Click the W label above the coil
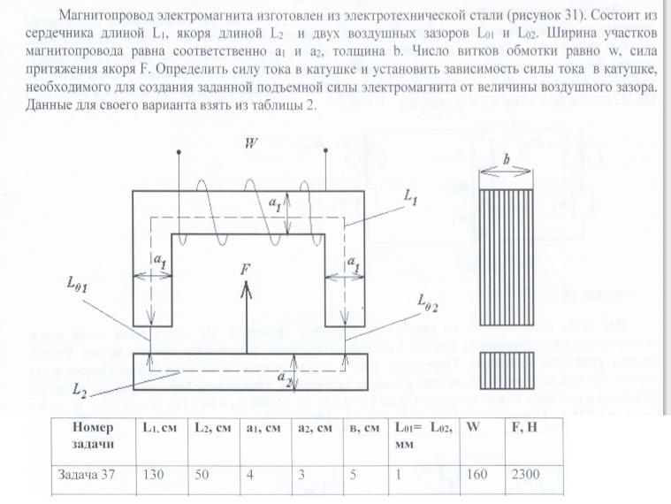[251, 144]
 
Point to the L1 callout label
[410, 201]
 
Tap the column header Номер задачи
[94, 432]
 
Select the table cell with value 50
[206, 474]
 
